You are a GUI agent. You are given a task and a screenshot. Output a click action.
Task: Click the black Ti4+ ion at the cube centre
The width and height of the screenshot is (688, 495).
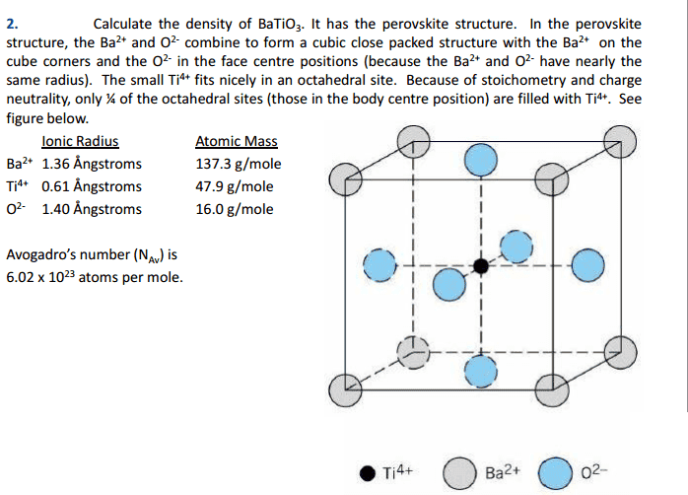tap(481, 266)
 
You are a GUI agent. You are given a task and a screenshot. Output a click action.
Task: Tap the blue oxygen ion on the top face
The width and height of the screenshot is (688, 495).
tap(481, 160)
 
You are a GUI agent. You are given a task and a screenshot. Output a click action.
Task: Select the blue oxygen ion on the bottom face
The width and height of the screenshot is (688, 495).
tap(481, 372)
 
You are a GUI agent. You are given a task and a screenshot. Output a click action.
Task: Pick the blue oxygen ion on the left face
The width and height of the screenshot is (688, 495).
tap(379, 265)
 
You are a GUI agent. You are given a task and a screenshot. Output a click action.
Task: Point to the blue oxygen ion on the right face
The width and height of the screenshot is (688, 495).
tap(588, 265)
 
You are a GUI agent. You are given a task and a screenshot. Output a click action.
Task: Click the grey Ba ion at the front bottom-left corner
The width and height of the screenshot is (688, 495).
tap(345, 390)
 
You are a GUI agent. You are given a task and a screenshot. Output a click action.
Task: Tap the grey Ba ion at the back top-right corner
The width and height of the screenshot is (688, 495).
tap(620, 141)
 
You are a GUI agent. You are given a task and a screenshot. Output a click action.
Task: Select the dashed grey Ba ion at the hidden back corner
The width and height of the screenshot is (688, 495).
tap(413, 352)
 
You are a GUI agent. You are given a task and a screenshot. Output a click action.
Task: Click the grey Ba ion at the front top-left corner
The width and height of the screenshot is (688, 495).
tap(345, 179)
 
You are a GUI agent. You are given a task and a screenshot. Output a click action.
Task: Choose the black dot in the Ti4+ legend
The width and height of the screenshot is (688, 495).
tap(368, 473)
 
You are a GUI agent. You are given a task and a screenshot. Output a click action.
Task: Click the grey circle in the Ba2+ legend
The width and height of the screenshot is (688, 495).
tap(459, 473)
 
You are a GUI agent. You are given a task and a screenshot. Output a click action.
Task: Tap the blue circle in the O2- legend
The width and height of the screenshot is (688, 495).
tap(555, 473)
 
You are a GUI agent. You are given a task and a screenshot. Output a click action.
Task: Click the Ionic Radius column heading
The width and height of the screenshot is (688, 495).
tap(80, 141)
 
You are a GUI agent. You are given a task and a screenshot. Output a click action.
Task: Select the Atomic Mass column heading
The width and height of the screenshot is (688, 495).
tap(236, 141)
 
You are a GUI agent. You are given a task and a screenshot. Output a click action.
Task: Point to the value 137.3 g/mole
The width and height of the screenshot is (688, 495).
tap(239, 164)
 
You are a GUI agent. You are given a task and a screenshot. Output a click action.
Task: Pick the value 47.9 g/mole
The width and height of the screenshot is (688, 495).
tap(235, 187)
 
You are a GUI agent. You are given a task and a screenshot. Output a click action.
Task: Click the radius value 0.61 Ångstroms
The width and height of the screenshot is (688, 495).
tap(92, 186)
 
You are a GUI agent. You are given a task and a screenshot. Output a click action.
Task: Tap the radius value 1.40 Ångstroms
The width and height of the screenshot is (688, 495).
tap(92, 209)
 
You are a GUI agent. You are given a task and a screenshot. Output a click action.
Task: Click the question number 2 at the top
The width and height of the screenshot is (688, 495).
tap(12, 24)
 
